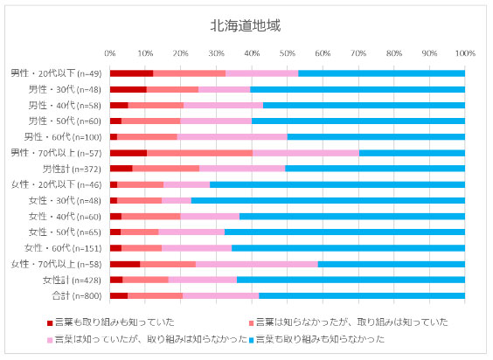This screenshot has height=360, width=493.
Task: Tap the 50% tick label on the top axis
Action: click(288, 52)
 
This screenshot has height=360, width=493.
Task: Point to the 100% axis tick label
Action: click(464, 52)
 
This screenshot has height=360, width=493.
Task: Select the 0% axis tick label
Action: click(110, 52)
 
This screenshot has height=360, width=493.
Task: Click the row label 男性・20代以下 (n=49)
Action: click(56, 73)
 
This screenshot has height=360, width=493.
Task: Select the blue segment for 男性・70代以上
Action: click(412, 153)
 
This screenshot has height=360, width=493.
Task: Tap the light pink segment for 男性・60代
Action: click(232, 137)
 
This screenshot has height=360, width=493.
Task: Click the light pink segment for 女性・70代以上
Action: click(256, 264)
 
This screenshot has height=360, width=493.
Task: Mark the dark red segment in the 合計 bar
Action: click(119, 296)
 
